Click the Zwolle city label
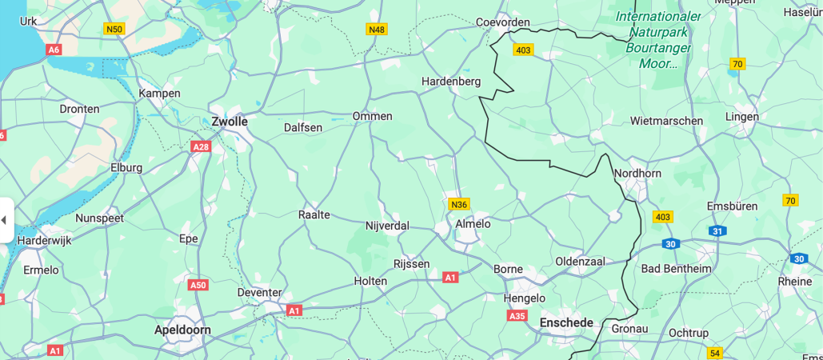[230, 122]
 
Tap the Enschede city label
[567, 322]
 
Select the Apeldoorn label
[182, 330]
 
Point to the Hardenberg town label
[451, 81]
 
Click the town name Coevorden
[503, 22]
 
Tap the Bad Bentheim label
[676, 268]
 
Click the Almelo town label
[473, 224]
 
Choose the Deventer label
[260, 292]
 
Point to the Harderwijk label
[45, 240]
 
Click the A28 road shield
[201, 146]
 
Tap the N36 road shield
[459, 204]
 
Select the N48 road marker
[377, 30]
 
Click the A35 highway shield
[517, 316]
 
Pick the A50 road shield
[198, 285]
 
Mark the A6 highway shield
[54, 50]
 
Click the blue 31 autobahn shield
[717, 231]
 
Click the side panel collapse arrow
[4, 220]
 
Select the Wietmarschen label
[666, 121]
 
